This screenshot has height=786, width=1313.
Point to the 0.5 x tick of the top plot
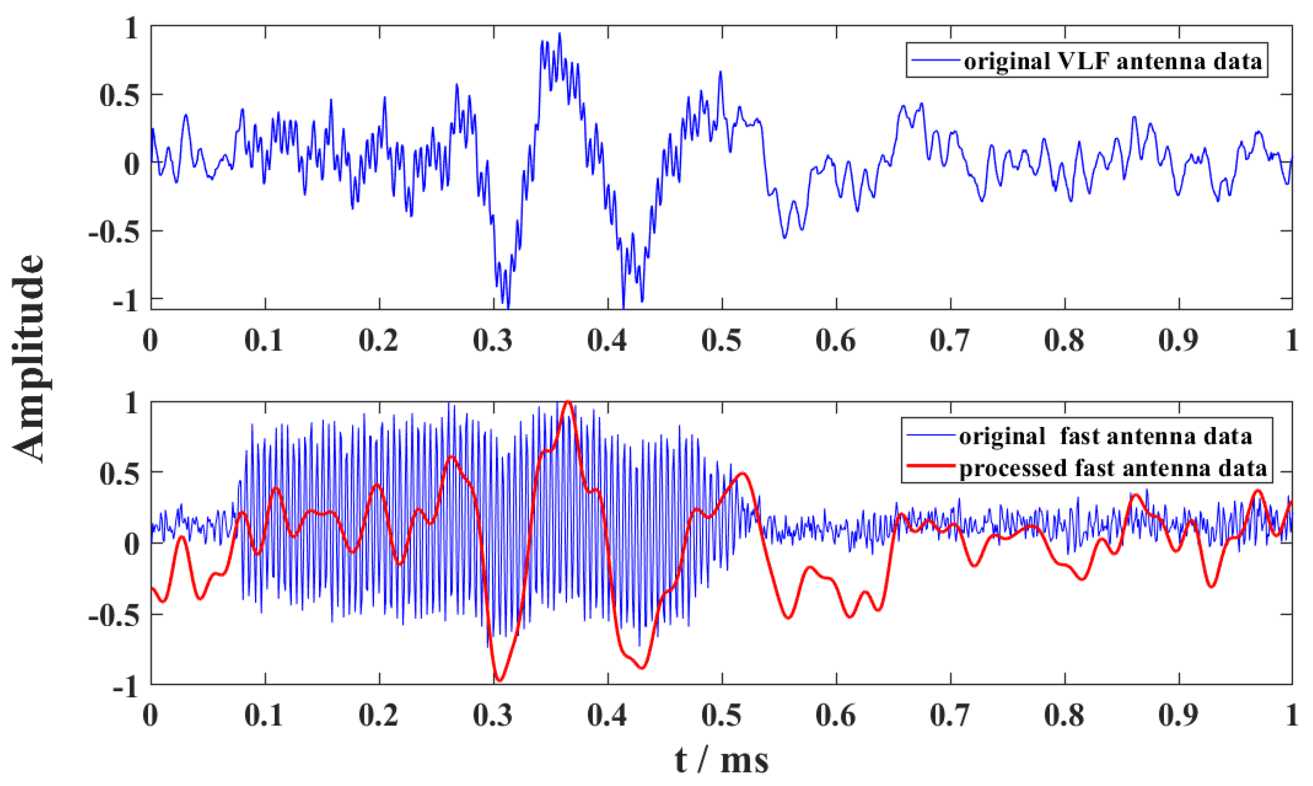click(x=722, y=340)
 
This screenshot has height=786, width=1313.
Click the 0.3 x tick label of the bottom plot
click(x=493, y=716)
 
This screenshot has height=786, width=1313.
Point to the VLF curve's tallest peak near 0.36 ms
click(x=559, y=34)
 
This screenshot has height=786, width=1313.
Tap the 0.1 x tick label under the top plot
click(x=265, y=340)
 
